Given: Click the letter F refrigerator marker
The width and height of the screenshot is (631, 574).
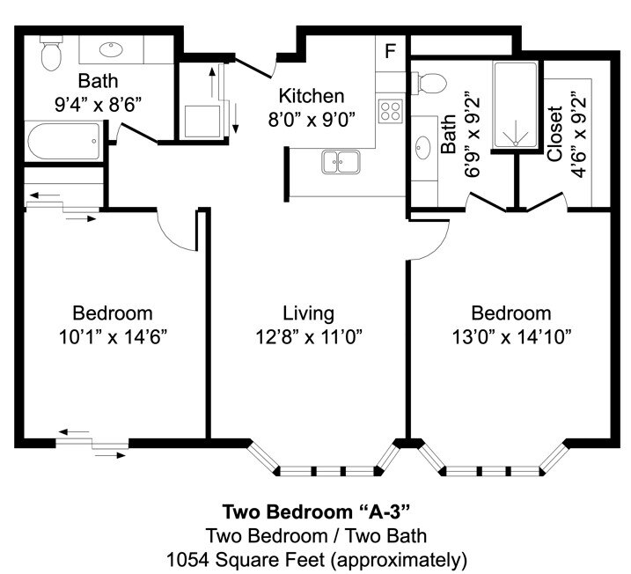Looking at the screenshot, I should pos(390,50).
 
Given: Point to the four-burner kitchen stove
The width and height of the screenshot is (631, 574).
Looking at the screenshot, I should pos(390,111).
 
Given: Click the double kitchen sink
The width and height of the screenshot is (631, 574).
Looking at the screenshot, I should pos(340,161).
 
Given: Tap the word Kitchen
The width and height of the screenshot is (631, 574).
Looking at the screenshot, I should pos(312,96).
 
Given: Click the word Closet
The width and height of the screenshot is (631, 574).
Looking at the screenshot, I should pos(555,134).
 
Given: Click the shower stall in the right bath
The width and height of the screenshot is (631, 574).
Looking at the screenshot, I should pos(515,106).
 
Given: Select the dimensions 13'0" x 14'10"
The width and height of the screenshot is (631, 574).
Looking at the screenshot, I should pos(510,335).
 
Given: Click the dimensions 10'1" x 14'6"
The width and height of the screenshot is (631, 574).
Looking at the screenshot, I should pos(112,335).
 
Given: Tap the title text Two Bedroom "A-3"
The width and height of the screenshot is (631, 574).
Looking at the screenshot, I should pos(316,511).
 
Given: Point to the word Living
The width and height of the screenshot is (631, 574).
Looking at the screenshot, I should pos(308,313).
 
